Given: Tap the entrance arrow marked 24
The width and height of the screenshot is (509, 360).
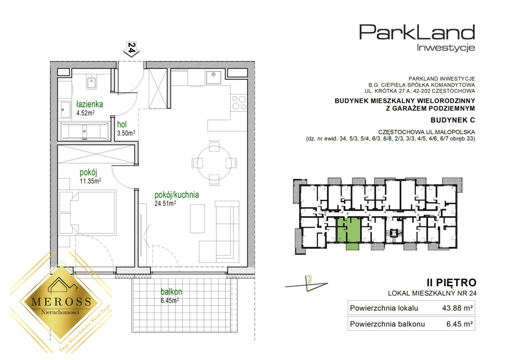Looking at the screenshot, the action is coord(131,50).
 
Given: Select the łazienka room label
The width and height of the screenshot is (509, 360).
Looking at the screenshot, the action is coord(89,104).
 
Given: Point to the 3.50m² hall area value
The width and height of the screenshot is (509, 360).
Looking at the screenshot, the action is coord(126,133).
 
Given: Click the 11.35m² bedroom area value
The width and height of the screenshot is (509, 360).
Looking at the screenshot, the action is coord(90,181).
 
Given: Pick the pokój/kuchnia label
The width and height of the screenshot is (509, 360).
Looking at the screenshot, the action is coord(176,195).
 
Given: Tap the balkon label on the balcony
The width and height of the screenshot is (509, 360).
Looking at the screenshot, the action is coord(171,292).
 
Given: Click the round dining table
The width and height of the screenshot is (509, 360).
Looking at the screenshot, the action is coord(214,163).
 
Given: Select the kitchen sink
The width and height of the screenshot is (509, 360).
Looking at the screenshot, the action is coord(213,77).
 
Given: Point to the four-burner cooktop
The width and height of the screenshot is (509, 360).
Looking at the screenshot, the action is coord(238,103).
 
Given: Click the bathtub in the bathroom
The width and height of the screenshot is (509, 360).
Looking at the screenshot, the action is coord(84,131).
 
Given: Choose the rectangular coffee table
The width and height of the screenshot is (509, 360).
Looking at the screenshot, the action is coord(197,218).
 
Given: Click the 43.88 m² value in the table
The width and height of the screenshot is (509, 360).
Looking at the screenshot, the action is coord(457,308).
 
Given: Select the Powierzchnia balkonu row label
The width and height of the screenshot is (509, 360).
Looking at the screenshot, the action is coord(387,324).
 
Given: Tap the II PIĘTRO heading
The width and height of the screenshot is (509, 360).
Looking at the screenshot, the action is coord(451,282).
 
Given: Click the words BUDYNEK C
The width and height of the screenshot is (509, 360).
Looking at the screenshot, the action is coord(453,120).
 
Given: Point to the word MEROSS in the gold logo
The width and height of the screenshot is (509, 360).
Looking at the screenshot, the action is coord(61,301).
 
